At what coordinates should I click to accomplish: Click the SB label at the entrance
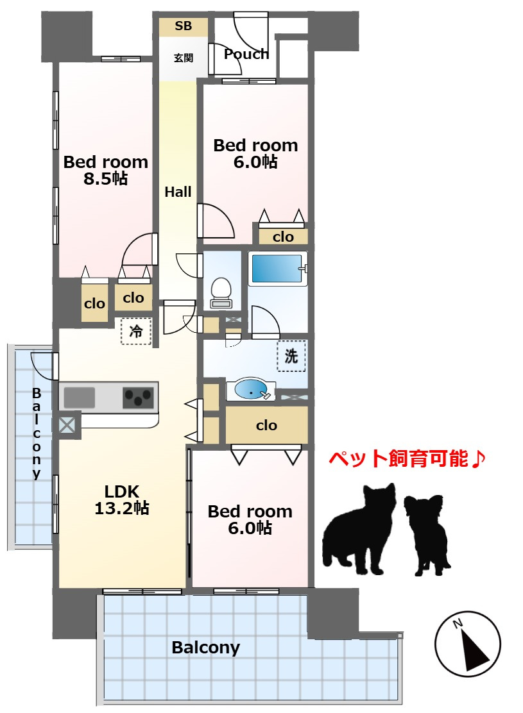[184, 26]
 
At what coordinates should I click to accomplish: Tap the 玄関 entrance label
[184, 58]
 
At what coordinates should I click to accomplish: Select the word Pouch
[246, 54]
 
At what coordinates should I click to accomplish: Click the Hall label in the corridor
[178, 192]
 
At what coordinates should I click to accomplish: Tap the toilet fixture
[221, 292]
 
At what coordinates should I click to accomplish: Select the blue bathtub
[277, 269]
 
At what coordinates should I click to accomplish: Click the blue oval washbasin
[252, 389]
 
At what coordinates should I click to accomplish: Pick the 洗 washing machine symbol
[291, 356]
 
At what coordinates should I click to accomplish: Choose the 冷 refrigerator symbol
[136, 331]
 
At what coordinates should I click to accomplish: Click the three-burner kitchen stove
[139, 397]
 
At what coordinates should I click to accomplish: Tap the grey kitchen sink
[79, 398]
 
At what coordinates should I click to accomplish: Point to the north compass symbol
[468, 644]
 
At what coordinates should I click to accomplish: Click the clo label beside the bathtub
[283, 237]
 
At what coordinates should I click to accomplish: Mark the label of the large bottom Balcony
[206, 648]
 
